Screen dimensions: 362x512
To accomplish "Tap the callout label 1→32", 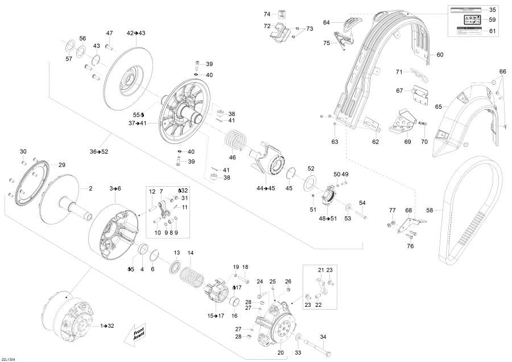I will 108,326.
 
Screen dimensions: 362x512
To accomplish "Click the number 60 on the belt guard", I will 440,55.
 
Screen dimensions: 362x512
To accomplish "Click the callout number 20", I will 280,353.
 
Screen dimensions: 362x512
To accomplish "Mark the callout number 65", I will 439,106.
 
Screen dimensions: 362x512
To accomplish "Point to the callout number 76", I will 410,246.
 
